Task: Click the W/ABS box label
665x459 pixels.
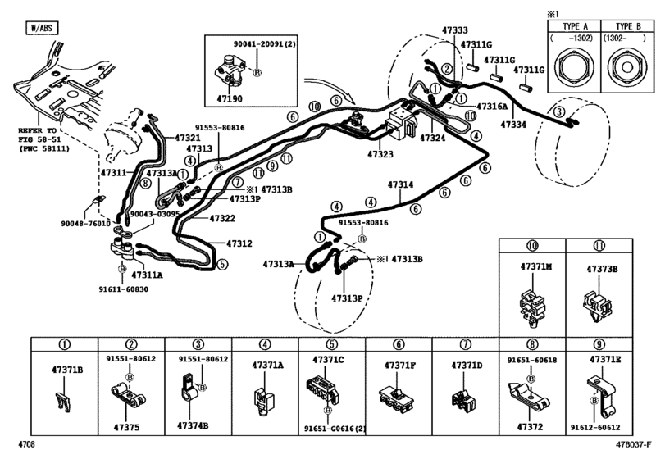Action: [42, 28]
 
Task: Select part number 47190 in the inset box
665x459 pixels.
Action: [230, 98]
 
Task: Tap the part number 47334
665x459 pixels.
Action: [513, 125]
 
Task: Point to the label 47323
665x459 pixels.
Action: [380, 154]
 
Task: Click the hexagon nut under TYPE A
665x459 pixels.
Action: [574, 68]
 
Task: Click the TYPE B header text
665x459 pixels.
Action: [629, 26]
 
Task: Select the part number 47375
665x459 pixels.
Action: [126, 428]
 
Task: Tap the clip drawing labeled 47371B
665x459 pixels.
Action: [63, 402]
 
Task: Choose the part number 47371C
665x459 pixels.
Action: [328, 360]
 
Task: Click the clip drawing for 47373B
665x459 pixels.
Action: [598, 305]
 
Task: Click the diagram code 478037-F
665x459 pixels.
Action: [634, 444]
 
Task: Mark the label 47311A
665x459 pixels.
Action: [147, 275]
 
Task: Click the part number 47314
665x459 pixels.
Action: [400, 184]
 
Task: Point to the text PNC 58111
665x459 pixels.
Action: [44, 148]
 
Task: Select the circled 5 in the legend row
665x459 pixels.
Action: [331, 344]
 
